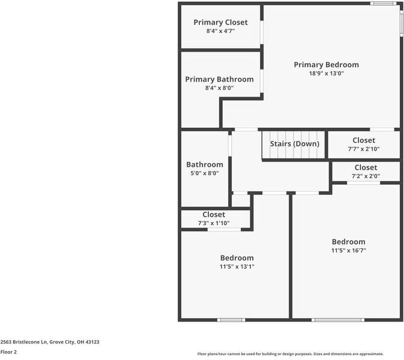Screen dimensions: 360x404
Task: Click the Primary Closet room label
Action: pyautogui.click(x=220, y=22)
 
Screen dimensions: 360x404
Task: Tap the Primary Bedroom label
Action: pyautogui.click(x=326, y=65)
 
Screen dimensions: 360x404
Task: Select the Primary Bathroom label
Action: pyautogui.click(x=219, y=79)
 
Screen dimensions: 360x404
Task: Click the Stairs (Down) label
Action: pyautogui.click(x=294, y=144)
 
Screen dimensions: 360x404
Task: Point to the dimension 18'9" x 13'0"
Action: pyautogui.click(x=326, y=73)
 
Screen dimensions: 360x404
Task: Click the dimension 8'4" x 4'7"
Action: pyautogui.click(x=220, y=31)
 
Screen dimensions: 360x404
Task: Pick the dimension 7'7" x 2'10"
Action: pyautogui.click(x=364, y=149)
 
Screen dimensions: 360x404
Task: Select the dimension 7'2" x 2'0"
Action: pyautogui.click(x=366, y=176)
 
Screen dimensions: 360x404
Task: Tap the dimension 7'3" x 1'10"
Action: pyautogui.click(x=214, y=223)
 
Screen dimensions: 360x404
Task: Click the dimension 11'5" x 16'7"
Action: pyautogui.click(x=348, y=250)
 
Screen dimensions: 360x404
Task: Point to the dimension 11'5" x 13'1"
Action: pyautogui.click(x=237, y=266)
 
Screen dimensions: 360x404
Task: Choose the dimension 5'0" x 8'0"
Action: pyautogui.click(x=204, y=173)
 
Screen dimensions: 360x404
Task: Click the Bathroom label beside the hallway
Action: pyautogui.click(x=204, y=164)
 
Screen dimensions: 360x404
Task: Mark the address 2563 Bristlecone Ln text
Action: pyautogui.click(x=50, y=342)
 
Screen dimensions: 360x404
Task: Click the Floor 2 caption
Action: pyautogui.click(x=8, y=352)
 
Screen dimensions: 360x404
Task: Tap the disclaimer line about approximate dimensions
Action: pyautogui.click(x=291, y=354)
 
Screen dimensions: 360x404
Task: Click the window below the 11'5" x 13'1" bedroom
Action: pyautogui.click(x=231, y=320)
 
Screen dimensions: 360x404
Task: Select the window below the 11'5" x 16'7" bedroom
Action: pyautogui.click(x=339, y=320)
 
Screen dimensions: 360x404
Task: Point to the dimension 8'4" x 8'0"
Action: pyautogui.click(x=219, y=88)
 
